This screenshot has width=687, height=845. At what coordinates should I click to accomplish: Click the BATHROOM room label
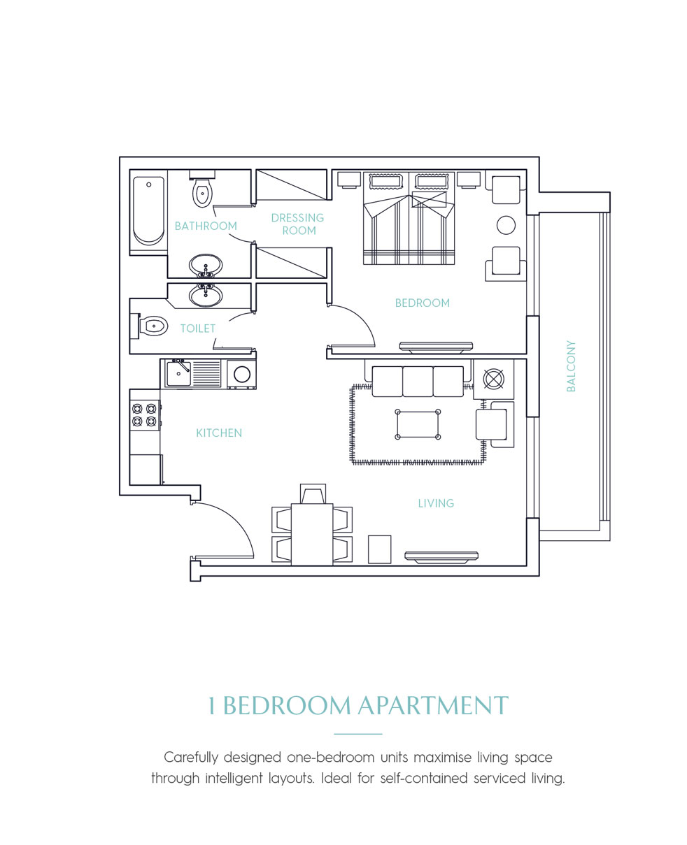206,226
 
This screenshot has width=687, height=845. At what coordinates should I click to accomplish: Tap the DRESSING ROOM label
298,224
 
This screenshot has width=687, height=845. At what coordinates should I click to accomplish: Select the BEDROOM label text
422,303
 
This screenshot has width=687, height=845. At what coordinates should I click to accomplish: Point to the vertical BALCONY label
571,366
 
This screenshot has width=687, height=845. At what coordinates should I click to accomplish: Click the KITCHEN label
219,433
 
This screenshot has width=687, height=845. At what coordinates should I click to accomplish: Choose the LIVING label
436,503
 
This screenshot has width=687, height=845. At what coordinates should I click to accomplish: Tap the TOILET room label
198,328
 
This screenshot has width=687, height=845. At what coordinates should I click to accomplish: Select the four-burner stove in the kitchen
144,414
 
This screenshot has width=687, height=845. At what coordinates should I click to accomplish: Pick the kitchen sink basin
178,374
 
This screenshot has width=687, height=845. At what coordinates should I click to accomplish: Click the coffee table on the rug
418,424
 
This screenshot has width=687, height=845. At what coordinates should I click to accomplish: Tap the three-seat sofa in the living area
418,381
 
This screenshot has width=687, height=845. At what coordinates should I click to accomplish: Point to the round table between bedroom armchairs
506,225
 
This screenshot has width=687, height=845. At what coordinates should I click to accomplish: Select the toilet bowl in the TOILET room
153,326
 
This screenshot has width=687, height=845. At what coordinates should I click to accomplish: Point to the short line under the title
358,734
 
